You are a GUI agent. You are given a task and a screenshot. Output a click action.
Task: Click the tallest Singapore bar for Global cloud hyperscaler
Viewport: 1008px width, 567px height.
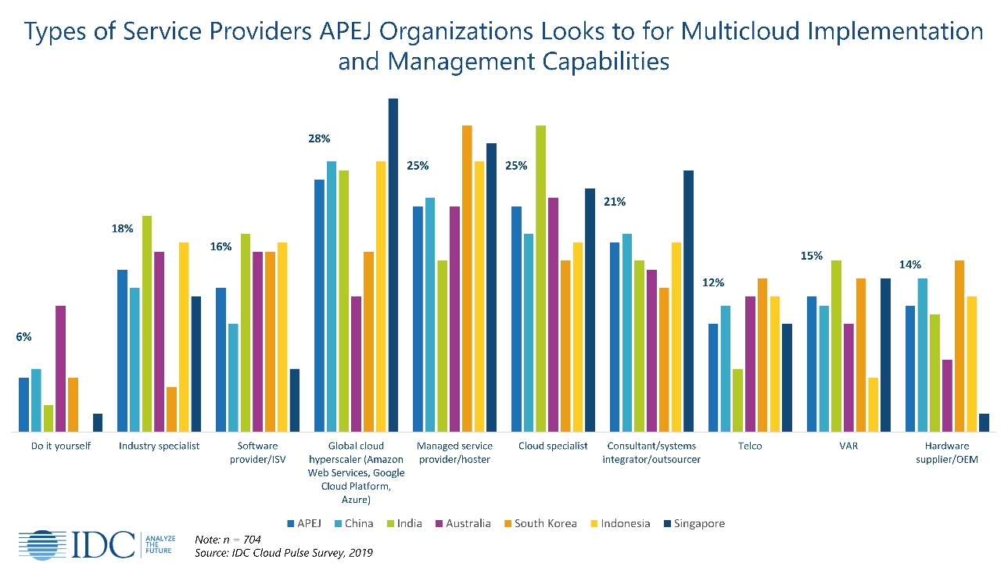pos(393,265)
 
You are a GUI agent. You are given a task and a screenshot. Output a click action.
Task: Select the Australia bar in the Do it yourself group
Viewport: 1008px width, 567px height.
pos(60,368)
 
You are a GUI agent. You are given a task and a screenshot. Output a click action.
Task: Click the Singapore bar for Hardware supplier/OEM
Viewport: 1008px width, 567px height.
pos(984,422)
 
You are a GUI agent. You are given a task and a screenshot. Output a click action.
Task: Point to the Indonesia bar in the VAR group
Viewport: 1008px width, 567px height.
pos(873,404)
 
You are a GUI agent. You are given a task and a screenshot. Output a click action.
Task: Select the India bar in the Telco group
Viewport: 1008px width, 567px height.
pos(737,400)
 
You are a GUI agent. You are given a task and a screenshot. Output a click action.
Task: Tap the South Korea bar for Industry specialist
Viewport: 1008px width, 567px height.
pos(171,409)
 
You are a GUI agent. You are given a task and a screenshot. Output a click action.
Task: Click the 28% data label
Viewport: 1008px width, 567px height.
pos(320,138)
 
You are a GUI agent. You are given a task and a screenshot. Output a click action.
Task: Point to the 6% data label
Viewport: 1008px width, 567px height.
pos(23,337)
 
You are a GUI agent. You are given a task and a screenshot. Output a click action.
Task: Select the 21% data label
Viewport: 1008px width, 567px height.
pos(615,202)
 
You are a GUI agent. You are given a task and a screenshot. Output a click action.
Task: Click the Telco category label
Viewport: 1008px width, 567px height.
pos(749,446)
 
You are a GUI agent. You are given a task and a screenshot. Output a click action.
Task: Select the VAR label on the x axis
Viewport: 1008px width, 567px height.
pos(848,446)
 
